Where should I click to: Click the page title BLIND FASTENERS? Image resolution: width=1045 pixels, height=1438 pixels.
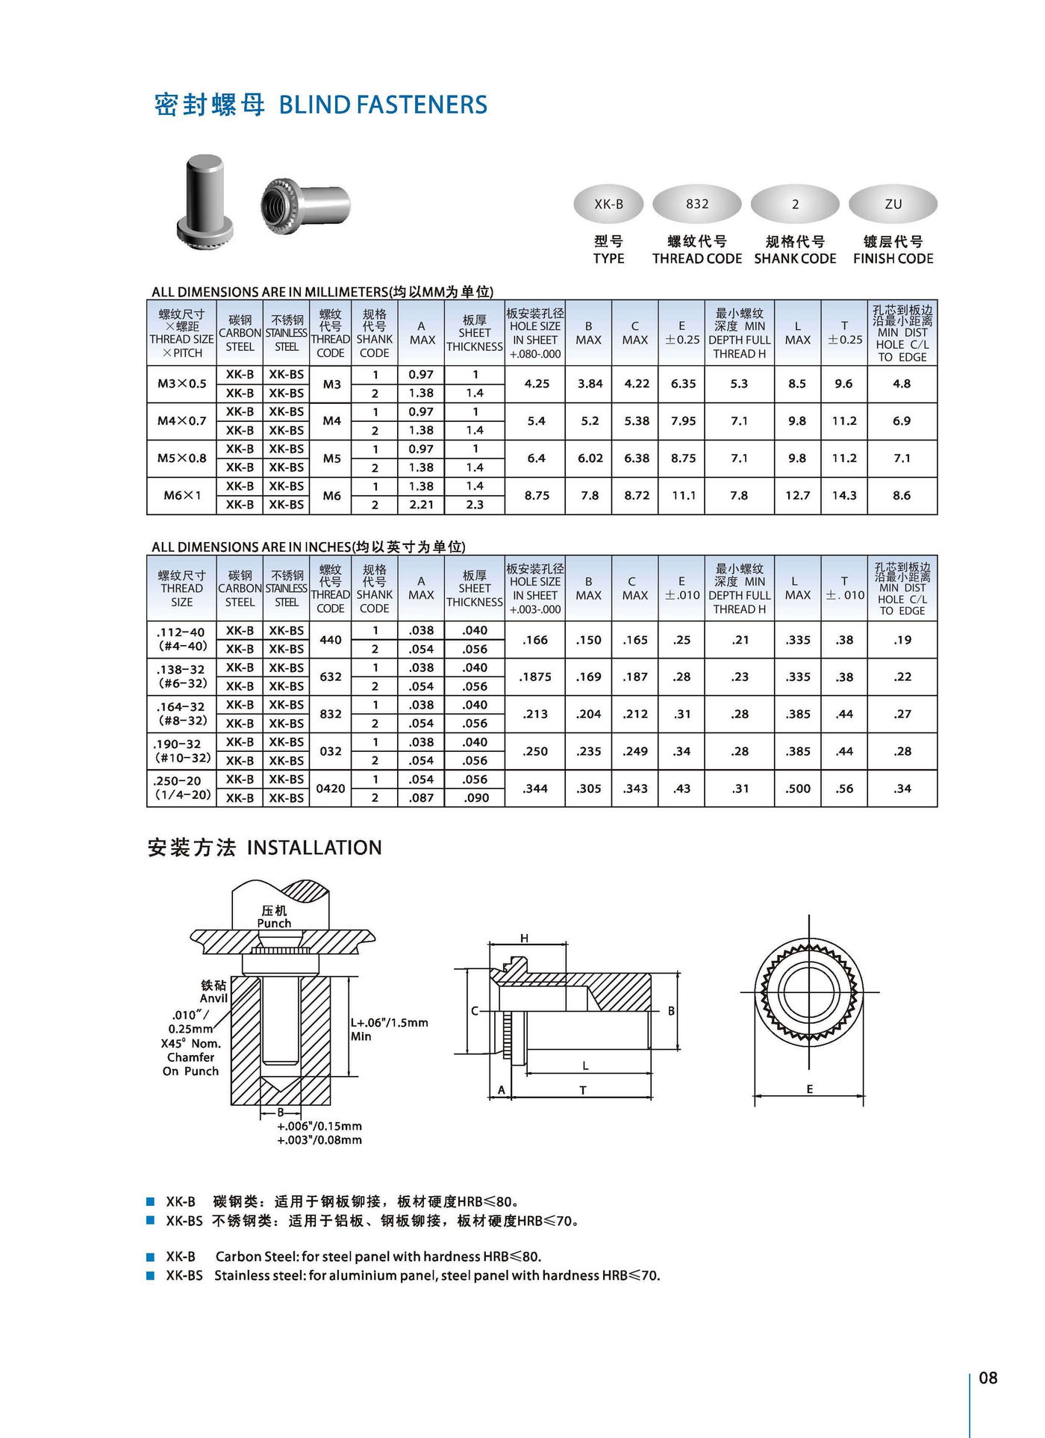[382, 105]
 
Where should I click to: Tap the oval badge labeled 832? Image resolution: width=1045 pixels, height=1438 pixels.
[696, 204]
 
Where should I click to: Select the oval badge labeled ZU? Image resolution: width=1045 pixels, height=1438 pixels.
[893, 204]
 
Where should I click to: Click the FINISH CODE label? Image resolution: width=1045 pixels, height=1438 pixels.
[893, 258]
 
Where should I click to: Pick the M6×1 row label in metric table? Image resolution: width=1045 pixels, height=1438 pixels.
[182, 495]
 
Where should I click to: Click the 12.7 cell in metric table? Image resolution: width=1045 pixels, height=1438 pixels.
[797, 495]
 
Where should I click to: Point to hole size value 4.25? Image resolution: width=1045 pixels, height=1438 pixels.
[536, 384]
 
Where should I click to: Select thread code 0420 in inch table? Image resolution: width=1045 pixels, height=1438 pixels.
[331, 788]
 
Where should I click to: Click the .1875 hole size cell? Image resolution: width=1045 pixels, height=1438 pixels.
[535, 676]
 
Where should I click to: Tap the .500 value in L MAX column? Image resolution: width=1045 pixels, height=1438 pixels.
[797, 788]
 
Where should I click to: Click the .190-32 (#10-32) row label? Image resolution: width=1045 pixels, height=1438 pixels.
[182, 750]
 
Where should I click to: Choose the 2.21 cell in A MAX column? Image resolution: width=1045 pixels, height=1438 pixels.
[421, 505]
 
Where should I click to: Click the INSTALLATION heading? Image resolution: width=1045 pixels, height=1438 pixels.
[313, 847]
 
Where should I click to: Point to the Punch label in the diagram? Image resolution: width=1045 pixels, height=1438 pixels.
[274, 924]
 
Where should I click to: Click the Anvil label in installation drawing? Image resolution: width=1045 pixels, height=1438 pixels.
[213, 998]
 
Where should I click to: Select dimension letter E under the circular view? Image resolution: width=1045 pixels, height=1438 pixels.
[809, 1089]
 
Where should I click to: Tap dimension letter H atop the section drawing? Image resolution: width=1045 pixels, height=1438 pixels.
[525, 939]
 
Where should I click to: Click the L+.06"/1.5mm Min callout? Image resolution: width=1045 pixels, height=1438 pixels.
[388, 1029]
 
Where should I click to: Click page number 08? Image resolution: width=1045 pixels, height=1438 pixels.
[988, 1378]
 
